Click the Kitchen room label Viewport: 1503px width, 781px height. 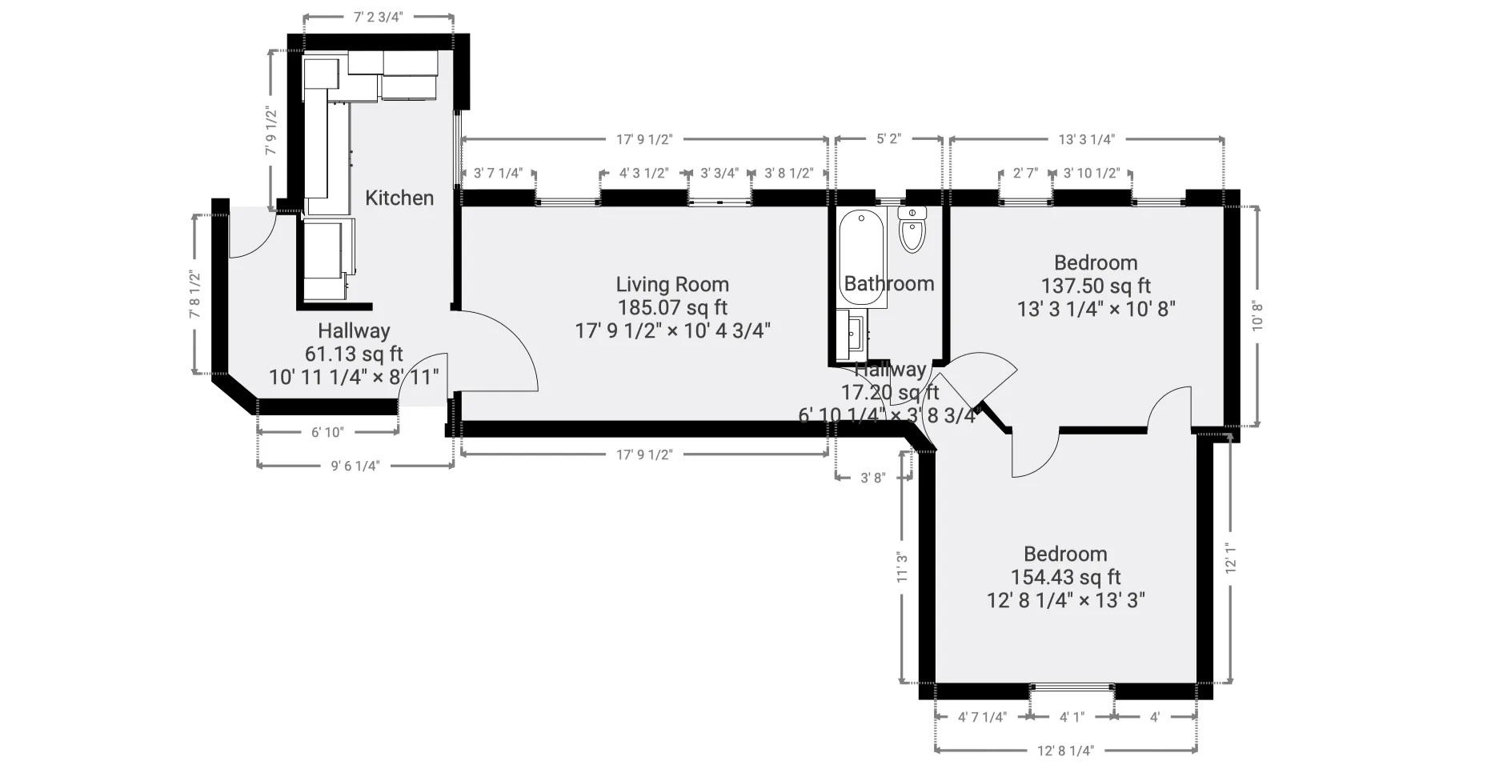(399, 198)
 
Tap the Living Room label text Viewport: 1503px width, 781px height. (671, 284)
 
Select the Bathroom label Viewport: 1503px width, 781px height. (888, 283)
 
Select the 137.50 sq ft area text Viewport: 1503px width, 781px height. (1096, 286)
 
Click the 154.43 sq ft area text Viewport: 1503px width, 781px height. (1065, 577)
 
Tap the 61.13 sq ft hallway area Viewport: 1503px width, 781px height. (353, 354)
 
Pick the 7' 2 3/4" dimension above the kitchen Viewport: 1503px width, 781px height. (378, 17)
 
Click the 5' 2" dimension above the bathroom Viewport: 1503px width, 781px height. (888, 138)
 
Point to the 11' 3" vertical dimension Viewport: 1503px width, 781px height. (902, 567)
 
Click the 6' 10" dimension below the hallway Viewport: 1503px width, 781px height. (327, 432)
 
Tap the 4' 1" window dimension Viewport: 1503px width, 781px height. (1071, 717)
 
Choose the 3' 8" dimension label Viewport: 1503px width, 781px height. (872, 478)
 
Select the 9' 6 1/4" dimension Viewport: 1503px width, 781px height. (355, 465)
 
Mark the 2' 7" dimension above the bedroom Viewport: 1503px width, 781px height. (1025, 173)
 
